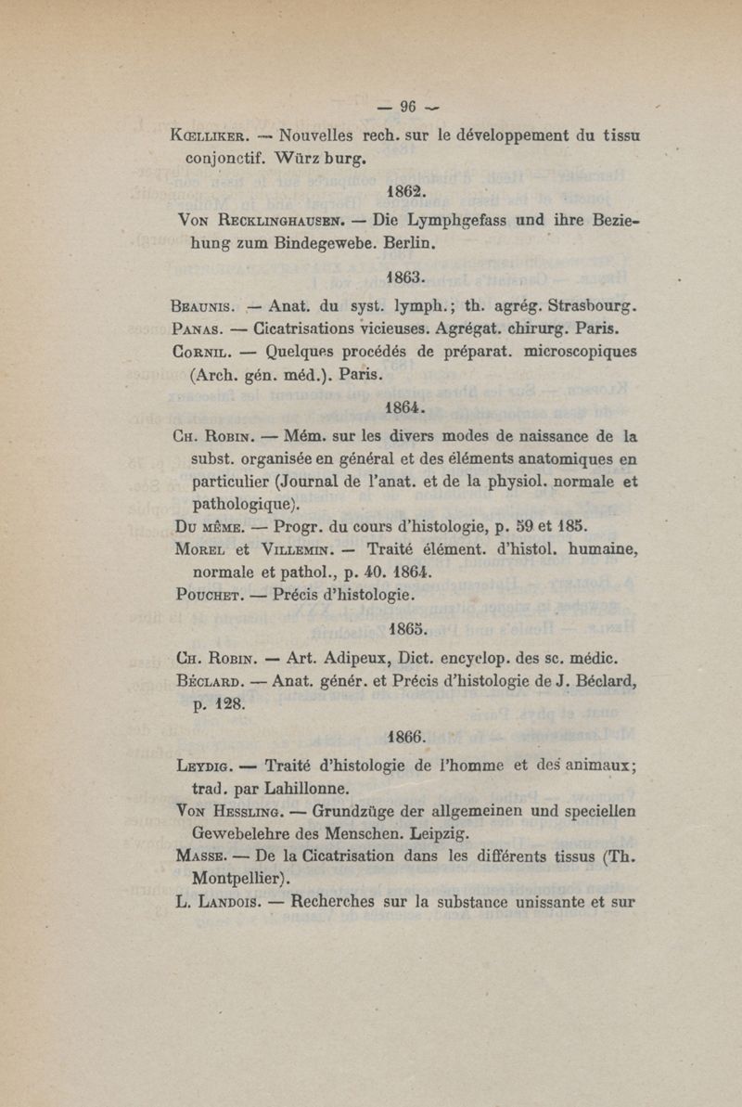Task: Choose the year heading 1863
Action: tap(404, 276)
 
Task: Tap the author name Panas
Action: tap(198, 328)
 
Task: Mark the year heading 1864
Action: tap(404, 406)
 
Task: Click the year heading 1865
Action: tap(404, 627)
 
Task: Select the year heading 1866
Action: tap(404, 739)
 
